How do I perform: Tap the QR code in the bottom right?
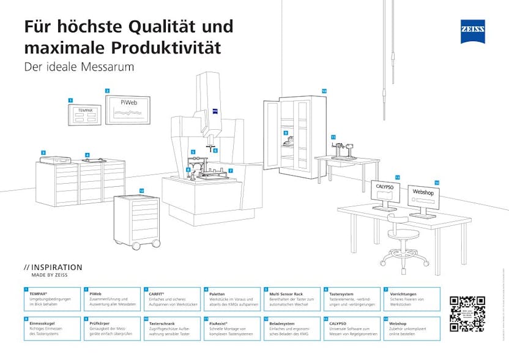click(467, 313)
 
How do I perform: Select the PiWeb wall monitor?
click(128, 108)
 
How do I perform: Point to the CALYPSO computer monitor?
click(385, 191)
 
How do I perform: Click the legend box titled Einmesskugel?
click(53, 328)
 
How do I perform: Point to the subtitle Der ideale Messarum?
click(78, 66)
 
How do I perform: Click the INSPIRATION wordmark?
click(56, 268)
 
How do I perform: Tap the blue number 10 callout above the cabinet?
click(324, 91)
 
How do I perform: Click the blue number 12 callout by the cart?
click(141, 190)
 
